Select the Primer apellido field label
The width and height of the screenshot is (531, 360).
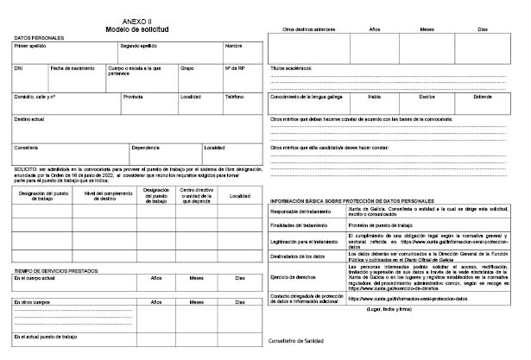coord(31,46)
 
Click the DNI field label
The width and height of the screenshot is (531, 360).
coord(19,67)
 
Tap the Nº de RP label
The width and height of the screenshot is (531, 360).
coord(236,67)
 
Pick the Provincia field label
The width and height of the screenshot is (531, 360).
coord(133,97)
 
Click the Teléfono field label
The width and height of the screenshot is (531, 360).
coord(235,97)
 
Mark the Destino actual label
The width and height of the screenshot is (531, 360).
coord(30,118)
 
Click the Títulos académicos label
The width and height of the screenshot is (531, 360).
coord(292,67)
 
